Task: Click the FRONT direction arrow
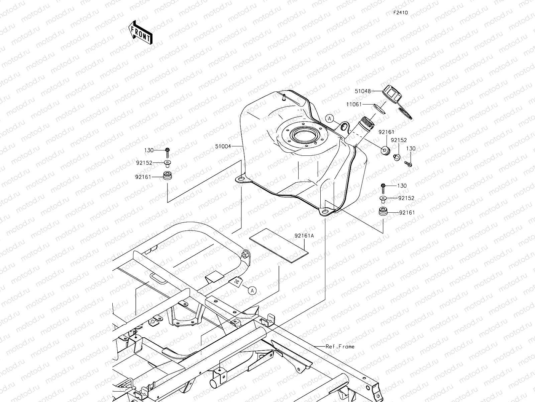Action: (140, 32)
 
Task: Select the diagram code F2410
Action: (401, 13)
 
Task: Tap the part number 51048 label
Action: (363, 91)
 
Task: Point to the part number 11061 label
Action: (354, 105)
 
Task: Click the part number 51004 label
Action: (223, 146)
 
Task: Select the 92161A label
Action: (304, 236)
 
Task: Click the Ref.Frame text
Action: (340, 347)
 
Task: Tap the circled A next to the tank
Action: (330, 119)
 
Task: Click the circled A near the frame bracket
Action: (252, 291)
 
